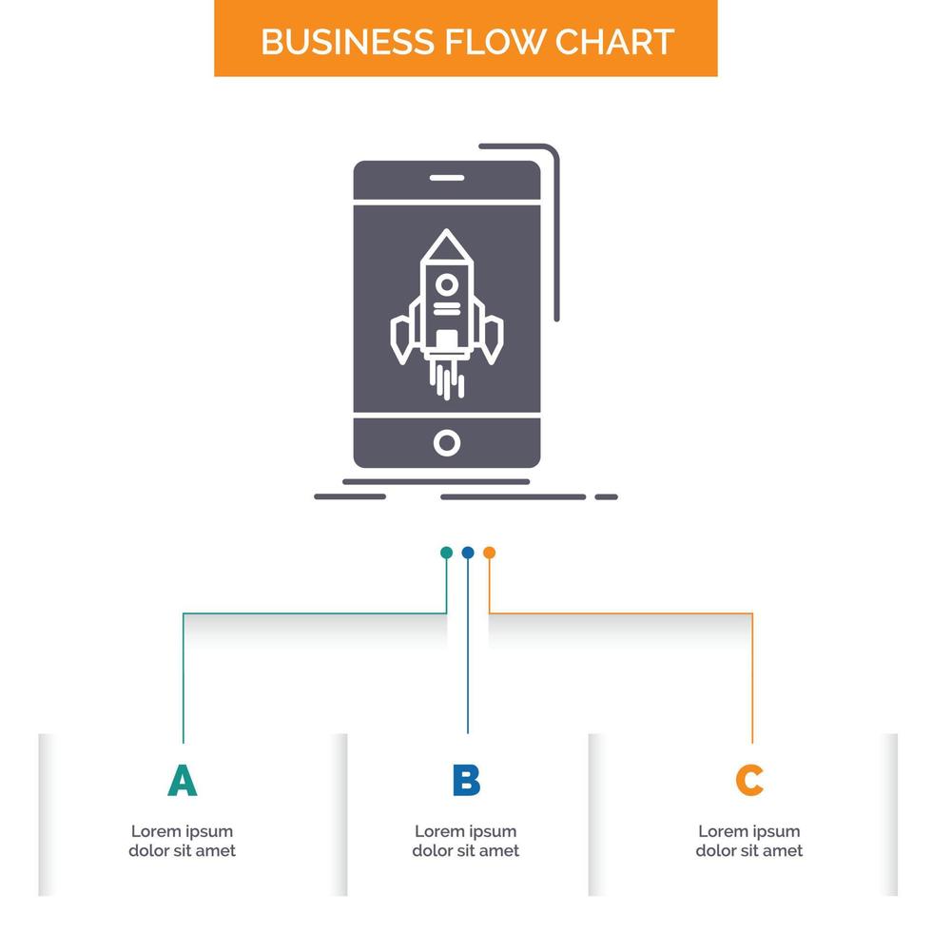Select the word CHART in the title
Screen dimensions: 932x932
(616, 42)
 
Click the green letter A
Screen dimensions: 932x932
(182, 781)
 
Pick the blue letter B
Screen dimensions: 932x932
(466, 781)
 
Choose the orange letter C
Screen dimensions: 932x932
(749, 781)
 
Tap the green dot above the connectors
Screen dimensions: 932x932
(446, 553)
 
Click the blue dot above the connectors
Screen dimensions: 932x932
(468, 553)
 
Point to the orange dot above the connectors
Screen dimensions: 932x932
(489, 553)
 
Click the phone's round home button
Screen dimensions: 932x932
(446, 442)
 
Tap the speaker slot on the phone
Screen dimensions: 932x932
(446, 178)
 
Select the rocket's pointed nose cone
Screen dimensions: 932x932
(446, 246)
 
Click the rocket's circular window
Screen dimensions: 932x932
(446, 282)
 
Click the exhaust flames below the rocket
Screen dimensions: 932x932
(446, 378)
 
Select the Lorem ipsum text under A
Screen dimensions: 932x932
(182, 841)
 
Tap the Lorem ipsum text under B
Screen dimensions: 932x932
(466, 841)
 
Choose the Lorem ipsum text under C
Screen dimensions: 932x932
(749, 841)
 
